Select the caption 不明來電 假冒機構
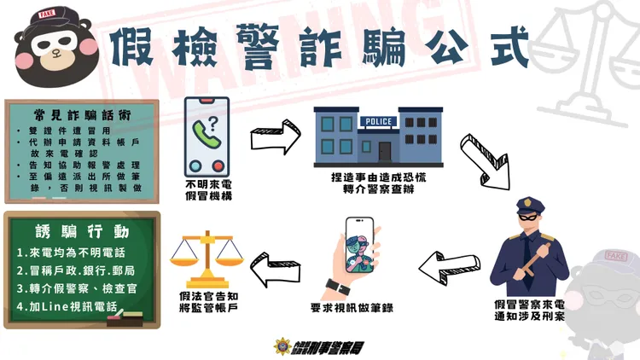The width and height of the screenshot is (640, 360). tap(208, 189)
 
